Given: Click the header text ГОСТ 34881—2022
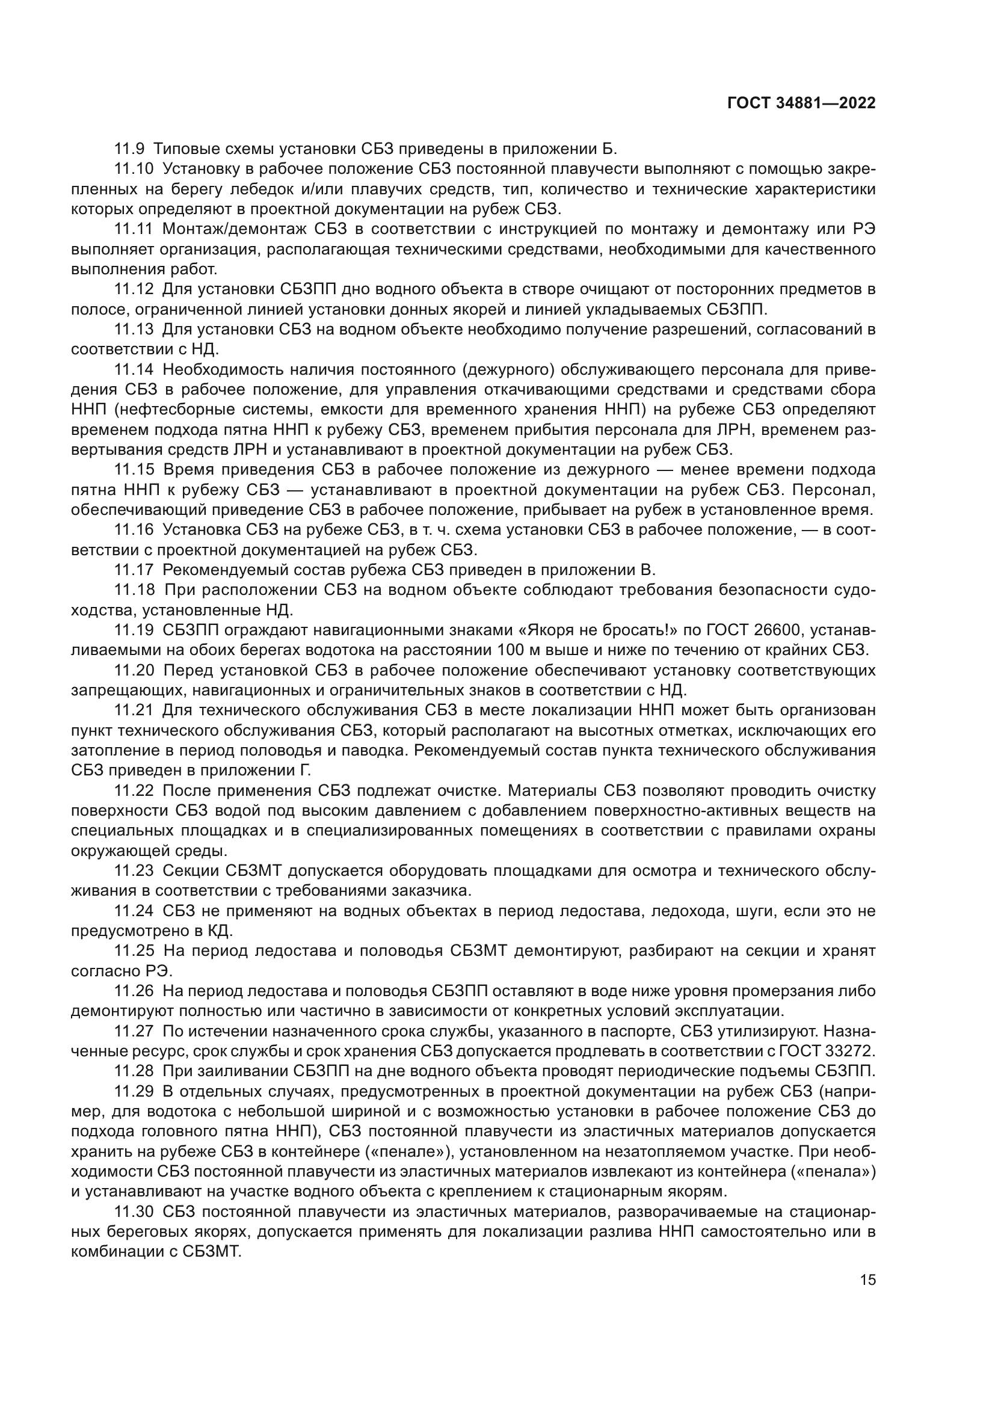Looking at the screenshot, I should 801,103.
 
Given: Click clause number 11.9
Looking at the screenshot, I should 130,149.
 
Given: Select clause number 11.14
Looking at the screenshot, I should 134,369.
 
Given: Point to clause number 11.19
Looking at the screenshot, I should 134,629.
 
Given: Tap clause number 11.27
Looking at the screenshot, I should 134,1031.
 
